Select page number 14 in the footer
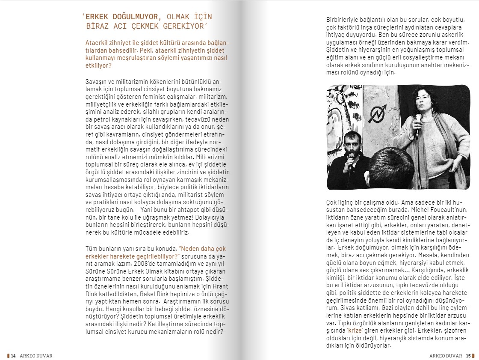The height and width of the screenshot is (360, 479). click(x=13, y=356)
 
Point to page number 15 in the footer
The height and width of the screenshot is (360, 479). click(x=468, y=356)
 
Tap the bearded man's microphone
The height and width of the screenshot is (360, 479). click(x=351, y=160)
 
